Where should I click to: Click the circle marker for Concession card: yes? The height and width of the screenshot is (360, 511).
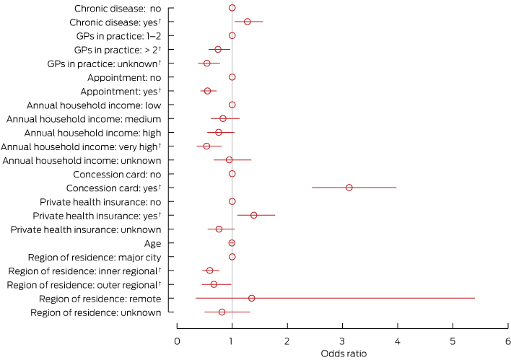349,188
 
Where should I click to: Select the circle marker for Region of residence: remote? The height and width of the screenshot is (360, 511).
251,298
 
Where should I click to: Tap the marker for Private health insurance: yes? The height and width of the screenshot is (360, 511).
253,215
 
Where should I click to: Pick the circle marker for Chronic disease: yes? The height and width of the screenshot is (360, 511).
247,22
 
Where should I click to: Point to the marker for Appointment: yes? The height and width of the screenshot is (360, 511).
207,91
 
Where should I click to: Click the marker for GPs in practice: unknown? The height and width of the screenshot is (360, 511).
206,63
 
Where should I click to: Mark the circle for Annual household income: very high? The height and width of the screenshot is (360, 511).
206,146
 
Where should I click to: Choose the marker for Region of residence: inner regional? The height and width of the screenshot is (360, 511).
209,271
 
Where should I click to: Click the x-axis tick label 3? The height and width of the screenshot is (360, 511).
342,340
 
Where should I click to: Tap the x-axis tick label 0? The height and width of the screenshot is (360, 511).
177,340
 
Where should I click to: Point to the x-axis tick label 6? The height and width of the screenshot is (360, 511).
508,340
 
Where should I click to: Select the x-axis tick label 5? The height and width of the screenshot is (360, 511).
453,340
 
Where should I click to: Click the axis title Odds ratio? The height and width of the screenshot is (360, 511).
342,354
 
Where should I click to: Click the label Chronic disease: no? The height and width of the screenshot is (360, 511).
118,8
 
